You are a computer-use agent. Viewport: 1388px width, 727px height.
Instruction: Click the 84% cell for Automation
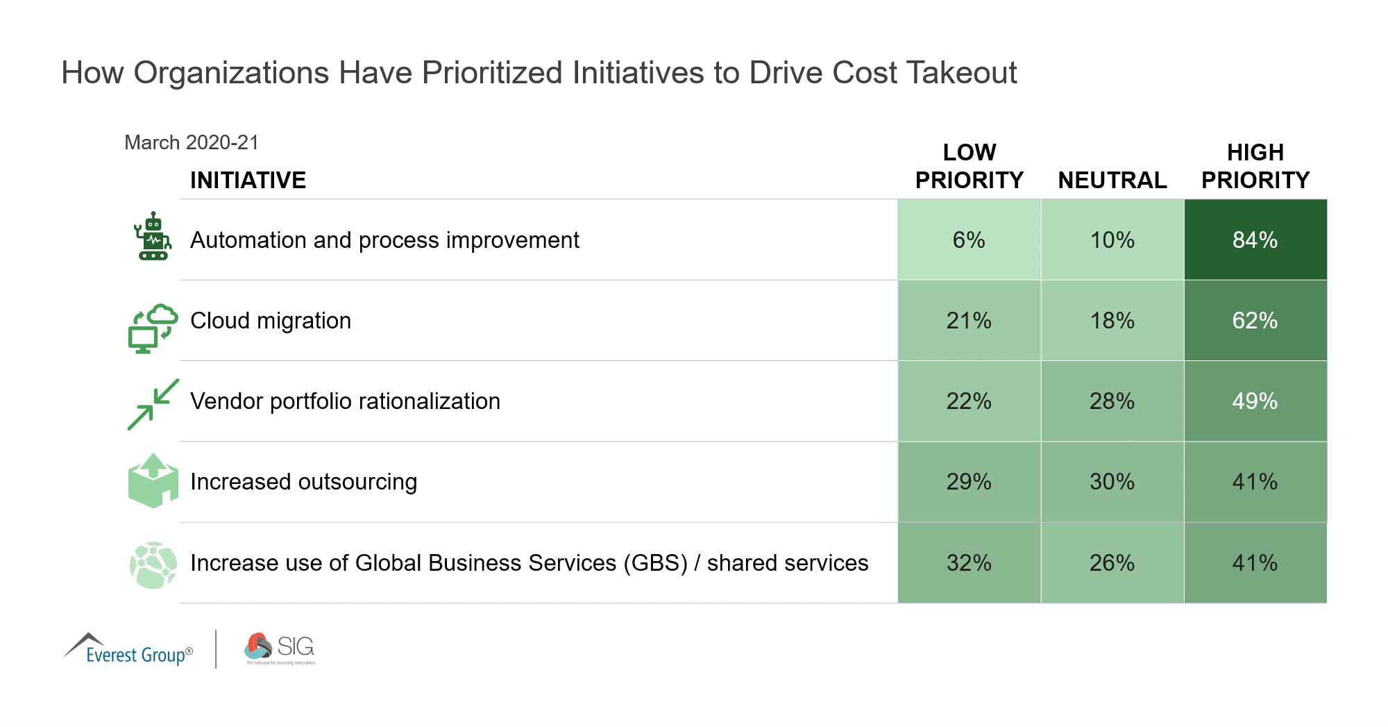pos(1255,240)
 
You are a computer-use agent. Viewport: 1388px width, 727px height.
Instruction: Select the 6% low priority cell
pos(969,240)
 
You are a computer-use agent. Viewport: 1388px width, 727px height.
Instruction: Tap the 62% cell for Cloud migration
pos(1255,321)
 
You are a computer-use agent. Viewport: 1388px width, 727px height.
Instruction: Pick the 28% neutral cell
pos(1112,401)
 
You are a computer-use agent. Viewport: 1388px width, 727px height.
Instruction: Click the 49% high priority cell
pos(1255,401)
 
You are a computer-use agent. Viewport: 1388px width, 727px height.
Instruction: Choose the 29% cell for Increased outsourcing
pos(969,482)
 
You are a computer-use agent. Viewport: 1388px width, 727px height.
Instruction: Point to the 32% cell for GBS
pos(969,563)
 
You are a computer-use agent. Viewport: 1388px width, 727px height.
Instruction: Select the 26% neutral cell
pos(1112,563)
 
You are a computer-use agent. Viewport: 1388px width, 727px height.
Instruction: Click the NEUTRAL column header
pos(1112,181)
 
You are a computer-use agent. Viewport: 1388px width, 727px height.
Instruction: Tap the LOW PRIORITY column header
pos(969,167)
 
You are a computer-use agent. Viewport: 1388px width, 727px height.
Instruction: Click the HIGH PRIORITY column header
pos(1255,167)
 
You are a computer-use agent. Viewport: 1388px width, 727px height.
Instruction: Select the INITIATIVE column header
pos(248,181)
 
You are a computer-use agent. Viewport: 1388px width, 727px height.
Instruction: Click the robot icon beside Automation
pos(153,237)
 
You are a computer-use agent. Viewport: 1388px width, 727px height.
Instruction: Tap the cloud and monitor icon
pos(153,328)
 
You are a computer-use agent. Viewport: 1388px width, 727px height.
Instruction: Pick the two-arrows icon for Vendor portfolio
pos(153,404)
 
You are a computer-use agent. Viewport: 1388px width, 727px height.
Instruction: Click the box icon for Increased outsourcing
pos(153,481)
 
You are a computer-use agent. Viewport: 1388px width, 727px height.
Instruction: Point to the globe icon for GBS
pos(153,565)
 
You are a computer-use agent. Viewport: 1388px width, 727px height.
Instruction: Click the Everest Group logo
pos(129,649)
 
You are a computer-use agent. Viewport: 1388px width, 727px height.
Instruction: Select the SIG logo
pos(280,649)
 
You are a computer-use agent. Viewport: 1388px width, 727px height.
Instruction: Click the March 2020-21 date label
pos(191,143)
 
